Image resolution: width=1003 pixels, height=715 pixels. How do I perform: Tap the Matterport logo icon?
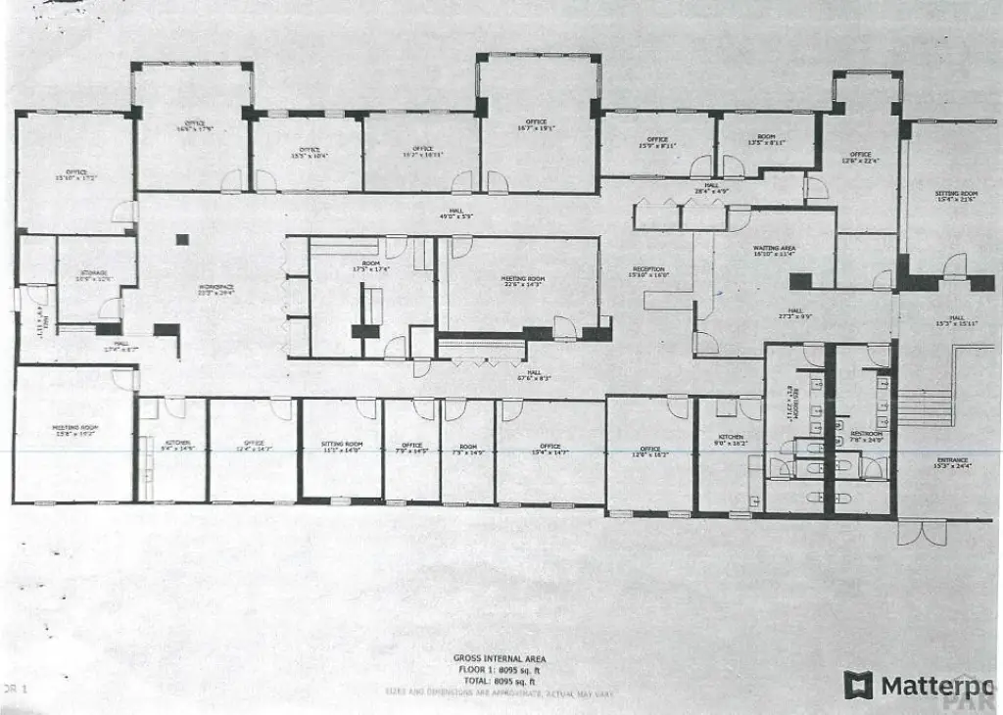[859, 685]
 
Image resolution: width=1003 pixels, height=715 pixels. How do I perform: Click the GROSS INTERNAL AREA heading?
[500, 658]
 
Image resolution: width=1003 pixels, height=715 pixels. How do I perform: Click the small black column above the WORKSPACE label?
[181, 238]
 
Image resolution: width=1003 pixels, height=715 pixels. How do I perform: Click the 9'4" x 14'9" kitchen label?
[178, 446]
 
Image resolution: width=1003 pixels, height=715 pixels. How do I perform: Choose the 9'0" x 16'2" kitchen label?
[730, 440]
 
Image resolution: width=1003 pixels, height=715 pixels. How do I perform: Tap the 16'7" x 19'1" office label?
[536, 124]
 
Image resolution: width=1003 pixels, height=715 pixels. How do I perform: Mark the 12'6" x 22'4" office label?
[860, 157]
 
